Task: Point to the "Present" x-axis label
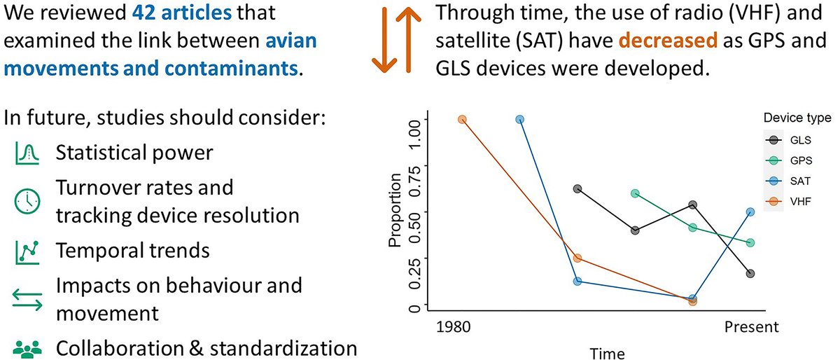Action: [x=750, y=327]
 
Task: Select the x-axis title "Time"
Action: [x=608, y=351]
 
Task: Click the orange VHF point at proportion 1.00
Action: [x=462, y=120]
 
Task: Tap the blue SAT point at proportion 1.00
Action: [x=519, y=120]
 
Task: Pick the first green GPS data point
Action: [x=635, y=193]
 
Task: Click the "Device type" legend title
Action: [x=797, y=117]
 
